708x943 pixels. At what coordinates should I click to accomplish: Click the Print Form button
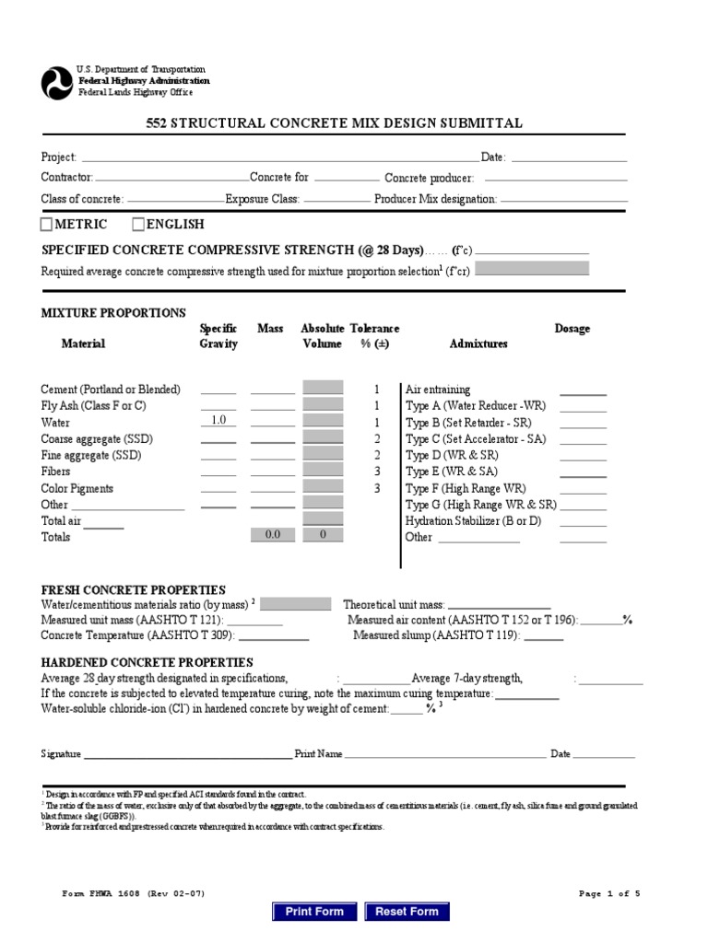click(x=314, y=912)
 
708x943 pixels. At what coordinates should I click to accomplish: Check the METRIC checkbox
click(x=47, y=224)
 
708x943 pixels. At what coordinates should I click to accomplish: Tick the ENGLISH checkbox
click(x=138, y=224)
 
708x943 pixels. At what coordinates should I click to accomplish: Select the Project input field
click(x=277, y=157)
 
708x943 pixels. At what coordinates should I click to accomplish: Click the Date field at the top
click(x=568, y=157)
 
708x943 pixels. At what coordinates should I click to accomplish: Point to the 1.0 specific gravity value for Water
click(x=218, y=421)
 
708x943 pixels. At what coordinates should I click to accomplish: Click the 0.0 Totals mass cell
click(x=273, y=534)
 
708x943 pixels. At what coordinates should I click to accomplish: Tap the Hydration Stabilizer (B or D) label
click(x=474, y=520)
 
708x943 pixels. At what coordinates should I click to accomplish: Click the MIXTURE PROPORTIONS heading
click(x=113, y=313)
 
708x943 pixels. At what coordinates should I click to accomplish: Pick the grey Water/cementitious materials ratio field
click(x=296, y=604)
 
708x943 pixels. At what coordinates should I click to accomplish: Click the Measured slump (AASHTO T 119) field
click(x=544, y=635)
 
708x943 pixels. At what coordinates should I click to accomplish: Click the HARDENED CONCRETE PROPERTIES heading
click(x=147, y=662)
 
